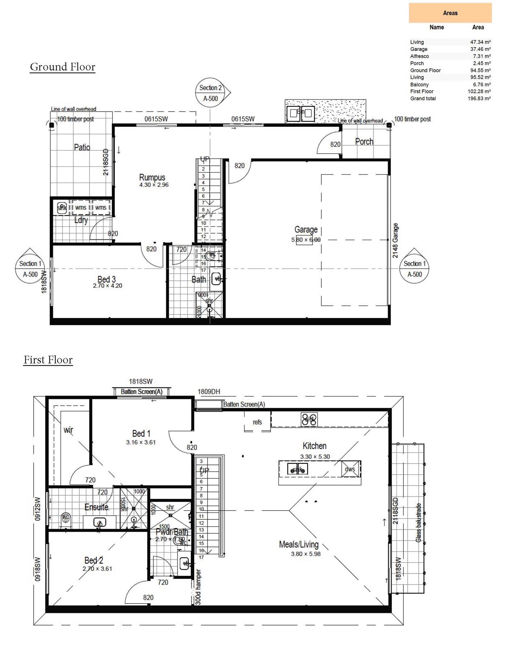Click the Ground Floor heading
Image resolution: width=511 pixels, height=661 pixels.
coord(63,67)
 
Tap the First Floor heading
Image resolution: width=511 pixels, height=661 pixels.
coord(48,360)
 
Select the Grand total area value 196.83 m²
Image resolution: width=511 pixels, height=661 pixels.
coord(479,98)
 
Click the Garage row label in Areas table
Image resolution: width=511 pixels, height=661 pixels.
coord(418,49)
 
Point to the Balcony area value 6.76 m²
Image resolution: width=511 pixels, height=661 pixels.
coord(481,85)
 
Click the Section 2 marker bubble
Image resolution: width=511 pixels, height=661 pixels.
coord(210,93)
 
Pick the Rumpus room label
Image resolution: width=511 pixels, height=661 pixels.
coord(152,177)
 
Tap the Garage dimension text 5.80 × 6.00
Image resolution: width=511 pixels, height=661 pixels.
coord(306,240)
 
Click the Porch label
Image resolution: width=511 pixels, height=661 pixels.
coord(364,142)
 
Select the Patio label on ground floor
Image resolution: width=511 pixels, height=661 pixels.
coord(82,147)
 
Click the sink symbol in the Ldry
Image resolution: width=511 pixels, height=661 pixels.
coord(62,208)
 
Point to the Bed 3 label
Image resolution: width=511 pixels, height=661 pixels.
coord(106,279)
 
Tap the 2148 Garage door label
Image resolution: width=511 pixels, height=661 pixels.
coord(395,241)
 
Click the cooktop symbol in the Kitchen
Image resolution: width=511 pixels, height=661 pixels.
coord(309,419)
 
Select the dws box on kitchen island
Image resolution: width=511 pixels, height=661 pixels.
coord(350,469)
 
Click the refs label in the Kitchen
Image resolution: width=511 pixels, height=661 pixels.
coord(257,422)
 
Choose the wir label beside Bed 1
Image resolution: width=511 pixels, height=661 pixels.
coord(68,430)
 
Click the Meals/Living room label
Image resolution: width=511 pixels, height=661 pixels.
coord(298,544)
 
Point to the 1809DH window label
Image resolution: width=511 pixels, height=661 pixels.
coord(209,392)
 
